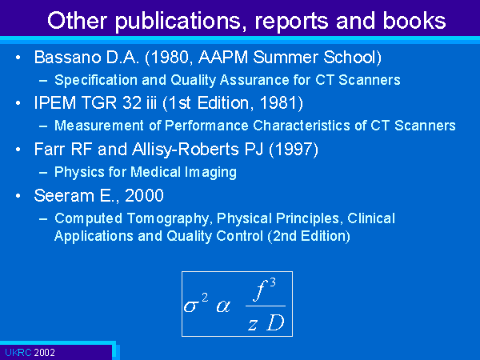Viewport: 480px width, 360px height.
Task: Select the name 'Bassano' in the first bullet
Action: coord(68,58)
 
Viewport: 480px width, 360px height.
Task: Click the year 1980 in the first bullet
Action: coord(169,58)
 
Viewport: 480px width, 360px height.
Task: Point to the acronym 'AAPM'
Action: coord(223,58)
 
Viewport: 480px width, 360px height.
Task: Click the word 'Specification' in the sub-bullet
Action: coord(96,80)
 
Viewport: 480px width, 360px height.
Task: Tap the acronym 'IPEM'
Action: coord(55,102)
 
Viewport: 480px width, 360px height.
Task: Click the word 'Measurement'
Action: coord(99,126)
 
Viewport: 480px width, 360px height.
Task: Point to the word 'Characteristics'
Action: coord(302,126)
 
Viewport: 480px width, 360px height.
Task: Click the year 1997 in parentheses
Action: coord(294,150)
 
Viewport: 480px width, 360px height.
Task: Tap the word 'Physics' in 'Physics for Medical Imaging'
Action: coord(79,172)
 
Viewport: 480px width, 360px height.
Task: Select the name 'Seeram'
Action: coord(64,196)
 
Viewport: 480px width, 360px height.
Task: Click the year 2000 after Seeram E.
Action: coord(144,195)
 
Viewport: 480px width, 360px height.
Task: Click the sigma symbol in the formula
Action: coord(190,306)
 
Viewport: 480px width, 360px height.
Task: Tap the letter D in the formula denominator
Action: coord(275,322)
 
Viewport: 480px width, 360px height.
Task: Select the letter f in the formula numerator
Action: coord(260,290)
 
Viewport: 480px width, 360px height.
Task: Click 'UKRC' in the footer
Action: coord(18,353)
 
